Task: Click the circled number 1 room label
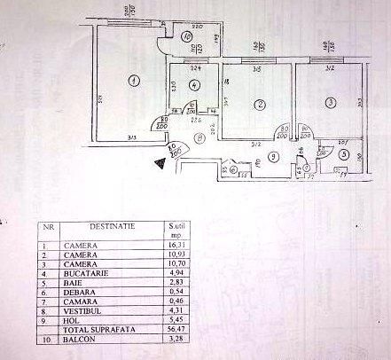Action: click(x=133, y=81)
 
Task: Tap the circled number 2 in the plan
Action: click(x=259, y=106)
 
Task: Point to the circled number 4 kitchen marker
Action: click(x=194, y=84)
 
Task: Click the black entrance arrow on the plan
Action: click(x=160, y=162)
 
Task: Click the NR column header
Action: click(x=51, y=227)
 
